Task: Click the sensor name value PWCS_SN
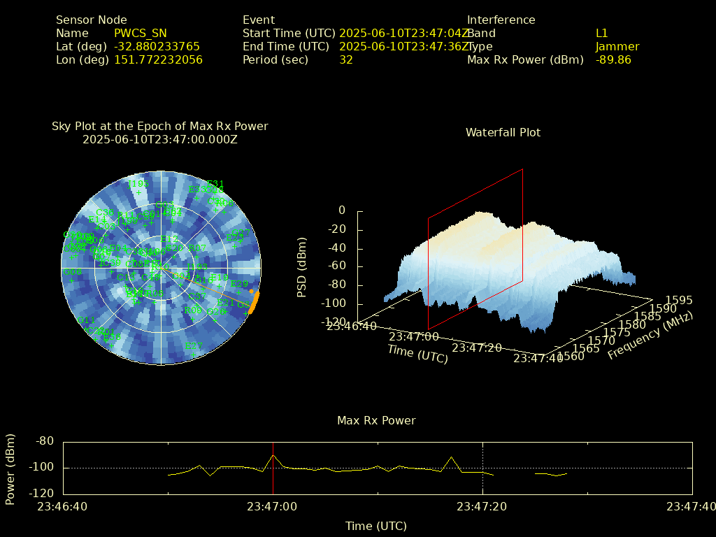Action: [x=141, y=34]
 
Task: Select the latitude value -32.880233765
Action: [x=157, y=47]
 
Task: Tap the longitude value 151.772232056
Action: [x=158, y=60]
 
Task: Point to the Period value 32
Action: [x=346, y=60]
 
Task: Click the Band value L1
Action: [x=601, y=34]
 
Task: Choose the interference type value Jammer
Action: [x=617, y=47]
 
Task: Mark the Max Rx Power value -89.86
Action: [x=613, y=60]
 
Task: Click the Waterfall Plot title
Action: [x=503, y=132]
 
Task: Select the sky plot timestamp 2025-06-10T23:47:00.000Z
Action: [x=160, y=139]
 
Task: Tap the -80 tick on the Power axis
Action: [x=45, y=441]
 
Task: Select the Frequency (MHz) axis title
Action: [x=650, y=336]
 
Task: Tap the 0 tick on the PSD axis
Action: [x=342, y=210]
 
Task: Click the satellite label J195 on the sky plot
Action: [x=138, y=184]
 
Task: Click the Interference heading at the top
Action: [x=501, y=20]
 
